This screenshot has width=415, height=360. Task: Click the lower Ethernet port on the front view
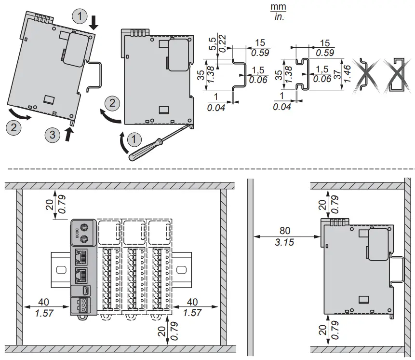point(81,275)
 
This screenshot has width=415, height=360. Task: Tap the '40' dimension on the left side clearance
point(43,302)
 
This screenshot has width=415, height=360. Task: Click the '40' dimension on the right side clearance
point(192,302)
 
